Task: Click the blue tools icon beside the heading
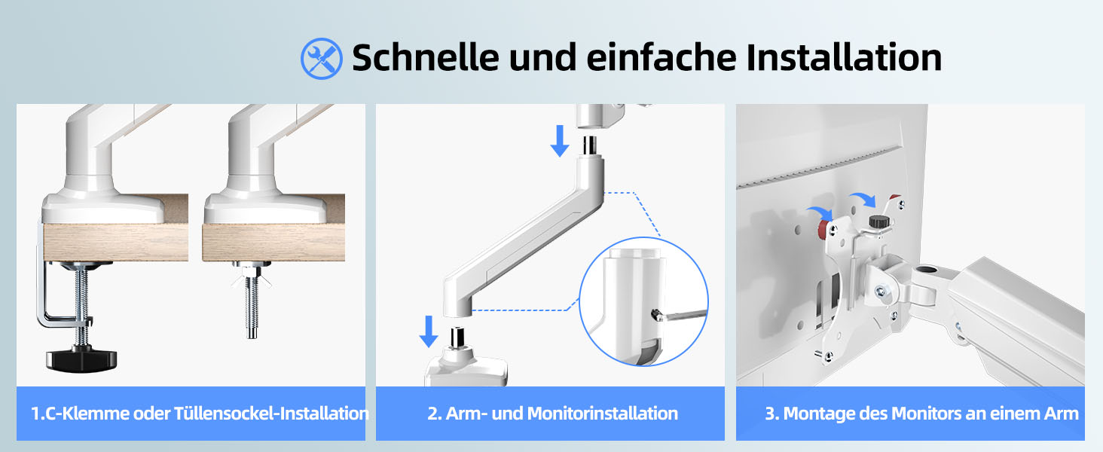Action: (321, 58)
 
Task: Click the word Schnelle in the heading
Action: (426, 57)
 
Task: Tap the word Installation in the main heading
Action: (844, 57)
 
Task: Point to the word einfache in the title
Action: (661, 57)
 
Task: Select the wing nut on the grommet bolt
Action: (252, 281)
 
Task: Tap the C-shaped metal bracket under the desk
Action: (59, 295)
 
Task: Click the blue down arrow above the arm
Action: (560, 141)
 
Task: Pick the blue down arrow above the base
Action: (429, 331)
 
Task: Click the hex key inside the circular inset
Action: (680, 314)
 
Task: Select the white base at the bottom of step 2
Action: (466, 368)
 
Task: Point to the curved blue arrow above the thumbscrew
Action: (863, 198)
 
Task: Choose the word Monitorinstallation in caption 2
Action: (602, 414)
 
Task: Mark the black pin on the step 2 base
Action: (457, 337)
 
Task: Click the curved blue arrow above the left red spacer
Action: (820, 213)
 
